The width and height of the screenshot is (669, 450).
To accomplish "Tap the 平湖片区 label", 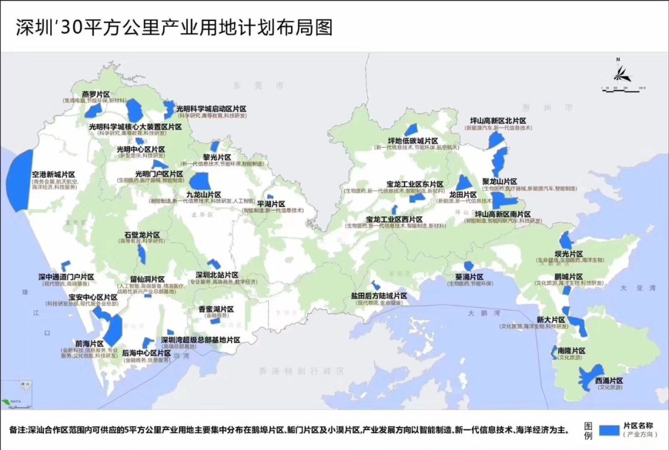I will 271,204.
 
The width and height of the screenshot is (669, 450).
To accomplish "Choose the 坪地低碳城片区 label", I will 413,141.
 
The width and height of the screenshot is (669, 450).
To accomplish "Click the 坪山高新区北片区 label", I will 498,121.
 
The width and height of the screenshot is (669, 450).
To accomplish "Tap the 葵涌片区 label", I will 469,277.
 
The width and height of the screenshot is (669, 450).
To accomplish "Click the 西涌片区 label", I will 608,380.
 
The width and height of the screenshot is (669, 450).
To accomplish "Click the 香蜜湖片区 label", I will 216,309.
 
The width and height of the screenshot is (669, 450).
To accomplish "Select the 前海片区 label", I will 89,343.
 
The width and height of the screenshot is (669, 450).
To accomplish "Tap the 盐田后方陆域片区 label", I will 378,296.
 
